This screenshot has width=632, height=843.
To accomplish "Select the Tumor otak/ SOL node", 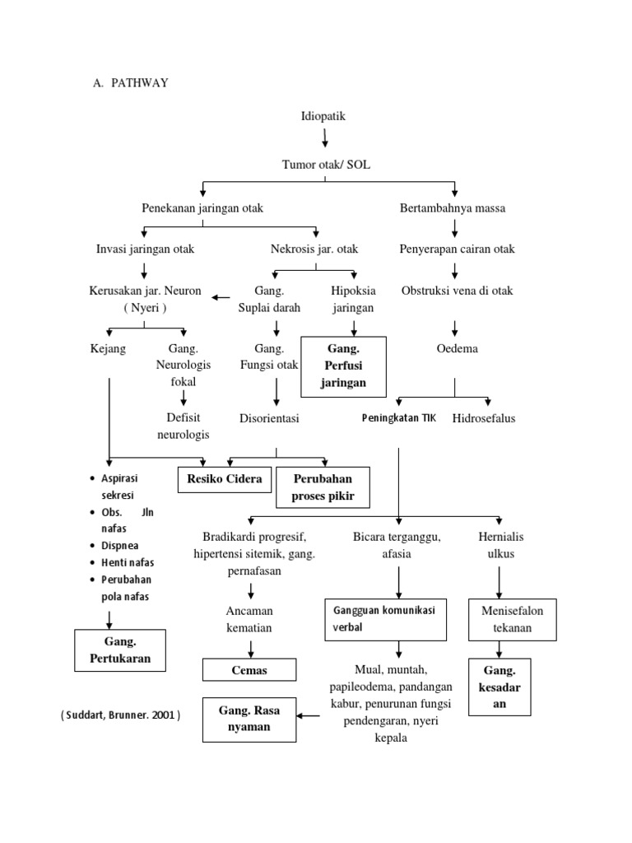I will click(326, 165).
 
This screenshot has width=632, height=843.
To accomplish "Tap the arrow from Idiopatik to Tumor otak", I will click(325, 137).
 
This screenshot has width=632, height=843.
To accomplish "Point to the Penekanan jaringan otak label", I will click(202, 208).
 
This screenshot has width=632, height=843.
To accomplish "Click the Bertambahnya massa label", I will click(452, 208).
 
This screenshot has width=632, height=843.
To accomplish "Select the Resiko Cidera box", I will click(225, 478).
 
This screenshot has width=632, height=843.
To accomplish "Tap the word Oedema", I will click(457, 348).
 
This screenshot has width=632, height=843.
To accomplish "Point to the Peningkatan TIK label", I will click(399, 418).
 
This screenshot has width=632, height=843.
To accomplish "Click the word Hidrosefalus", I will click(484, 418).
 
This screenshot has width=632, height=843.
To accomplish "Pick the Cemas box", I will click(249, 670).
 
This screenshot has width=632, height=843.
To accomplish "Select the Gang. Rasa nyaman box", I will click(249, 718).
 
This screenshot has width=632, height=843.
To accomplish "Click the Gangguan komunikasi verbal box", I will click(385, 619).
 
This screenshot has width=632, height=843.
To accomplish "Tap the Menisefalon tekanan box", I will click(512, 619).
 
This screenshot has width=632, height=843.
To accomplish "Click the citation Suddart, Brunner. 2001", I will click(120, 715).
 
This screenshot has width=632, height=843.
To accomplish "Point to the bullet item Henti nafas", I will click(127, 562).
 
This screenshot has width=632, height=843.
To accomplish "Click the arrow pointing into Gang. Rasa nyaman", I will click(309, 715).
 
